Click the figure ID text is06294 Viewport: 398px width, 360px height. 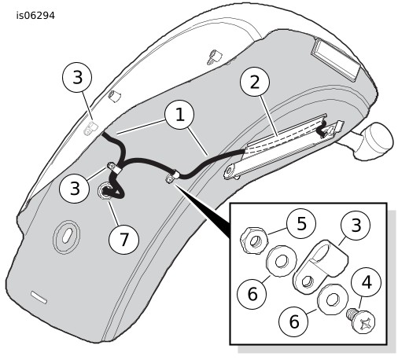[x=35, y=16]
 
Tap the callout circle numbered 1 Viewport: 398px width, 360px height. [x=179, y=115]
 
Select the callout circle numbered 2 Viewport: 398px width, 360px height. [x=255, y=82]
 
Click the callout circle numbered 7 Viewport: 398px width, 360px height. [x=123, y=239]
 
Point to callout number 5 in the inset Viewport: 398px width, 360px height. [x=301, y=223]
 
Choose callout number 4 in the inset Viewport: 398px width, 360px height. [x=367, y=282]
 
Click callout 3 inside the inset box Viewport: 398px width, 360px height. [x=356, y=226]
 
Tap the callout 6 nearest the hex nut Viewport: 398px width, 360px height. [x=252, y=294]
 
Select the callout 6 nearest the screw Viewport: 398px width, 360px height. [x=293, y=321]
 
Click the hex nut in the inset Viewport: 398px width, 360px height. [x=254, y=241]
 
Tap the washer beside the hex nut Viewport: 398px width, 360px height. [x=281, y=261]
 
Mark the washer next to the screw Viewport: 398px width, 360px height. [x=333, y=299]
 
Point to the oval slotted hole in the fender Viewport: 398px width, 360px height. [x=66, y=234]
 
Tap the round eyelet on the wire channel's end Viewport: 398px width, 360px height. [x=230, y=171]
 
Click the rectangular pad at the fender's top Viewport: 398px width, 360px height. [x=335, y=58]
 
